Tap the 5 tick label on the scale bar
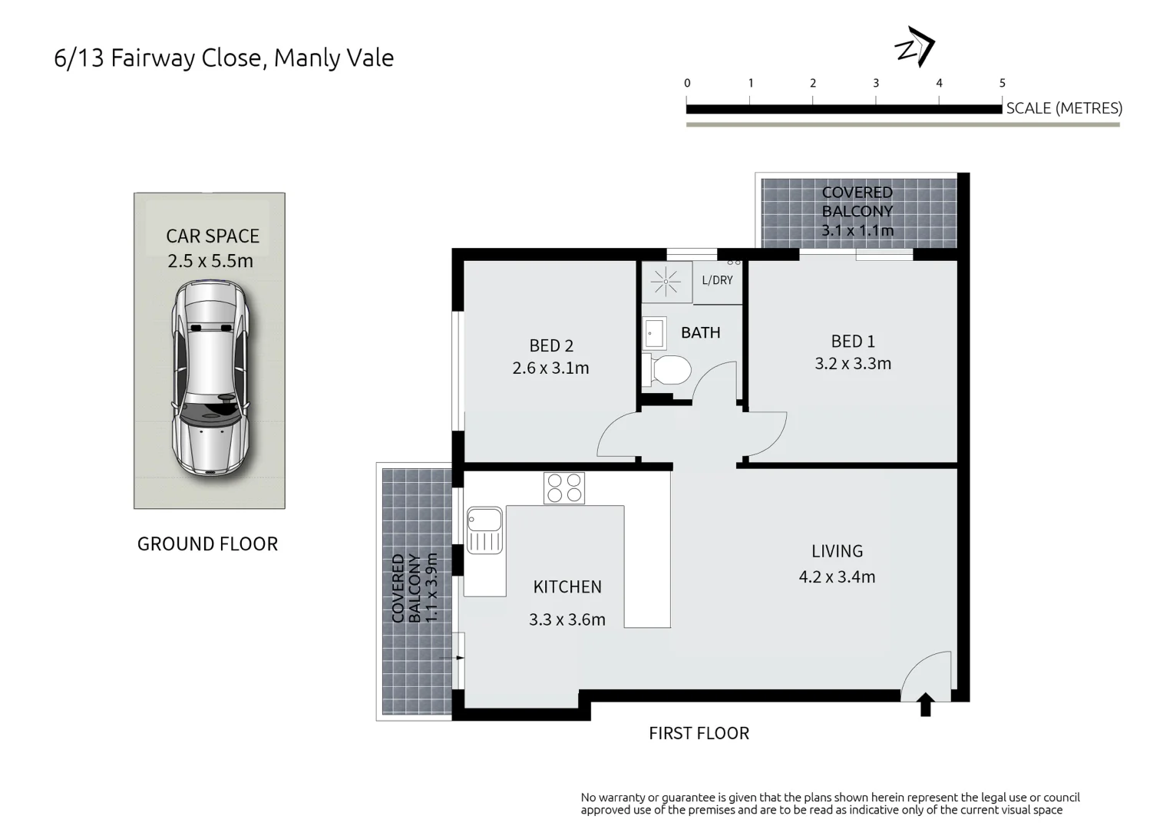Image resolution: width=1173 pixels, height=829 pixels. click(1002, 83)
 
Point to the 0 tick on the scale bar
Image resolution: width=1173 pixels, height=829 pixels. click(687, 83)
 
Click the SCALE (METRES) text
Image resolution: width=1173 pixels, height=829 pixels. click(1063, 108)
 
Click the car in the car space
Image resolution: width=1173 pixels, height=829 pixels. click(210, 377)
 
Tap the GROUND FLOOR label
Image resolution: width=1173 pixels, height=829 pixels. click(207, 543)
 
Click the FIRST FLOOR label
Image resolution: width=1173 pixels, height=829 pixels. click(699, 733)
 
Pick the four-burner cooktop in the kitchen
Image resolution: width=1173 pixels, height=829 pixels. click(564, 488)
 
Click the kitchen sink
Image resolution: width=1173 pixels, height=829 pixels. click(484, 530)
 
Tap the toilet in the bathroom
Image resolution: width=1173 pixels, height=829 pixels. click(669, 370)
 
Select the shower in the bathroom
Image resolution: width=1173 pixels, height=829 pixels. click(666, 282)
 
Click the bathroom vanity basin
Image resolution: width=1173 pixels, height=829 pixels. click(654, 334)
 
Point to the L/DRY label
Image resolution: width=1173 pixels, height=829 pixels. click(717, 280)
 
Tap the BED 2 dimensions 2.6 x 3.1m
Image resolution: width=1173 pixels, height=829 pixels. click(550, 368)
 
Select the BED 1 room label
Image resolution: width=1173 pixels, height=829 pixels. click(853, 341)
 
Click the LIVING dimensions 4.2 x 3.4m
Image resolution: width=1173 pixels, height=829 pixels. click(837, 576)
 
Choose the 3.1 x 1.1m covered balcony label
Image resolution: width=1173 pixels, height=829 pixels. click(857, 230)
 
